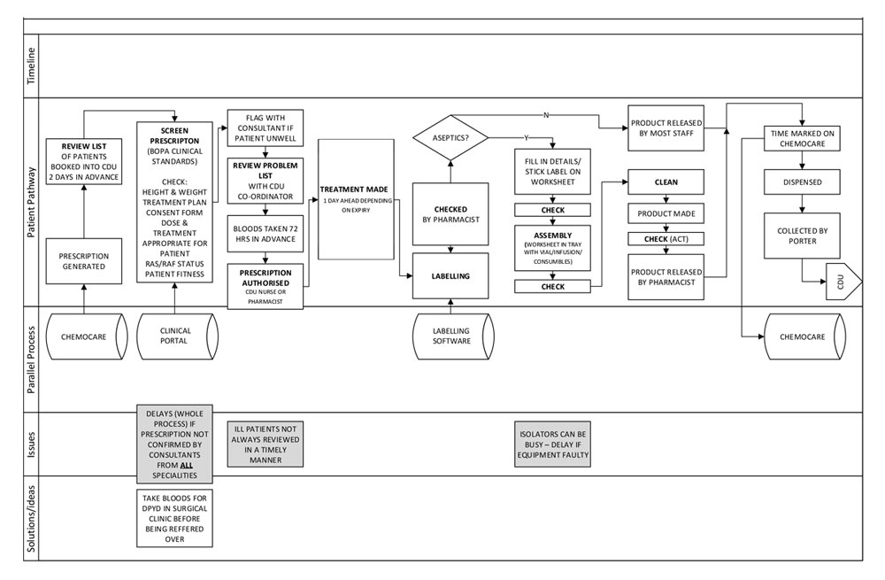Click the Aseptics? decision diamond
point(451,137)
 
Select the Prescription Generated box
point(84,260)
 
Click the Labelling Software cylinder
point(451,336)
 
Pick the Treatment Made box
point(356,199)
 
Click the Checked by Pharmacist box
point(451,213)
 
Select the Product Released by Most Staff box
point(666,128)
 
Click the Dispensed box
point(801,182)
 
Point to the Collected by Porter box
point(801,235)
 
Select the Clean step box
point(666,182)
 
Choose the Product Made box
point(666,213)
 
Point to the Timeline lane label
point(32,66)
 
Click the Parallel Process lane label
point(32,360)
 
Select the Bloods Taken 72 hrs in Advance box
point(265,235)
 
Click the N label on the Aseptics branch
point(545,115)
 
